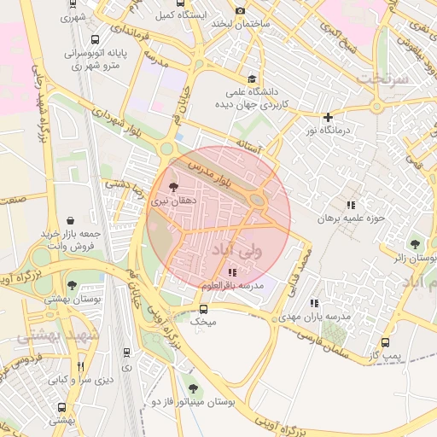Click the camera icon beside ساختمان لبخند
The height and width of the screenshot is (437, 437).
click(x=240, y=10)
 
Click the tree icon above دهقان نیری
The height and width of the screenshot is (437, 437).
click(x=174, y=186)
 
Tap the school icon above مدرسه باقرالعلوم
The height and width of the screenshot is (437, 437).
click(x=232, y=272)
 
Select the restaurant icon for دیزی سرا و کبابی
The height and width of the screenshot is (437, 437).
click(x=81, y=366)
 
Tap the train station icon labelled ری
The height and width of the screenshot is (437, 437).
click(x=127, y=352)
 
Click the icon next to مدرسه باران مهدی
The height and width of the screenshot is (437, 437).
click(x=315, y=303)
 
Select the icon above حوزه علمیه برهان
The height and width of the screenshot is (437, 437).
click(x=350, y=205)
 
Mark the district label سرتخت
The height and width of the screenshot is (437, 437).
click(x=384, y=77)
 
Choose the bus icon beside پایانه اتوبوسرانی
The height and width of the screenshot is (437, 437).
click(x=94, y=39)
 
